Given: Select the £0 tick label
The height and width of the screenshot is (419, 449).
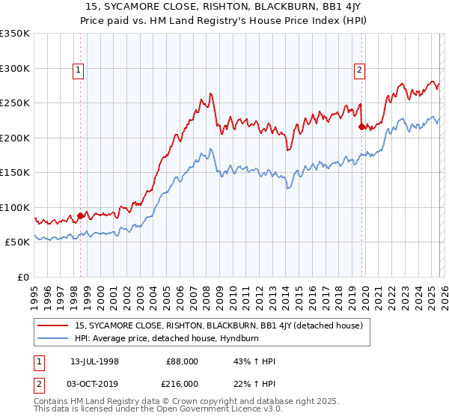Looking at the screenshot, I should coord(23,277).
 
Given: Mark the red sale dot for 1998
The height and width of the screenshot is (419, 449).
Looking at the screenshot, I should coord(81,215).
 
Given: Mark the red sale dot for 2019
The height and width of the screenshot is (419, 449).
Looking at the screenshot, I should coord(361,127).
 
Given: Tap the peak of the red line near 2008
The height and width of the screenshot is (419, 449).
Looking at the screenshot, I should coord(211,94).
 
